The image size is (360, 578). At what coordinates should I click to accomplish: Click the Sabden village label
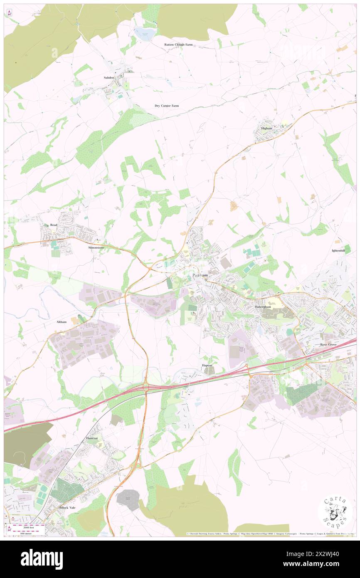point(109,78)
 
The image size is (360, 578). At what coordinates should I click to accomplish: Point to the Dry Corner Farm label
point(167,106)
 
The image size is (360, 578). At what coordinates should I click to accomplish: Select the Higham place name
point(266,128)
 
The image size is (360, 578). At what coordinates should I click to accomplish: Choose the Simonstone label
point(96,247)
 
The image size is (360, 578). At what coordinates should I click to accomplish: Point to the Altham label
point(61,322)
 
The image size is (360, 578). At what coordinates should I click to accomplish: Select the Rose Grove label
point(328,345)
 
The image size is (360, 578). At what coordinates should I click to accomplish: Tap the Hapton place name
point(207,365)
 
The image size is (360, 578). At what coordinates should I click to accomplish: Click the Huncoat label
point(92,438)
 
